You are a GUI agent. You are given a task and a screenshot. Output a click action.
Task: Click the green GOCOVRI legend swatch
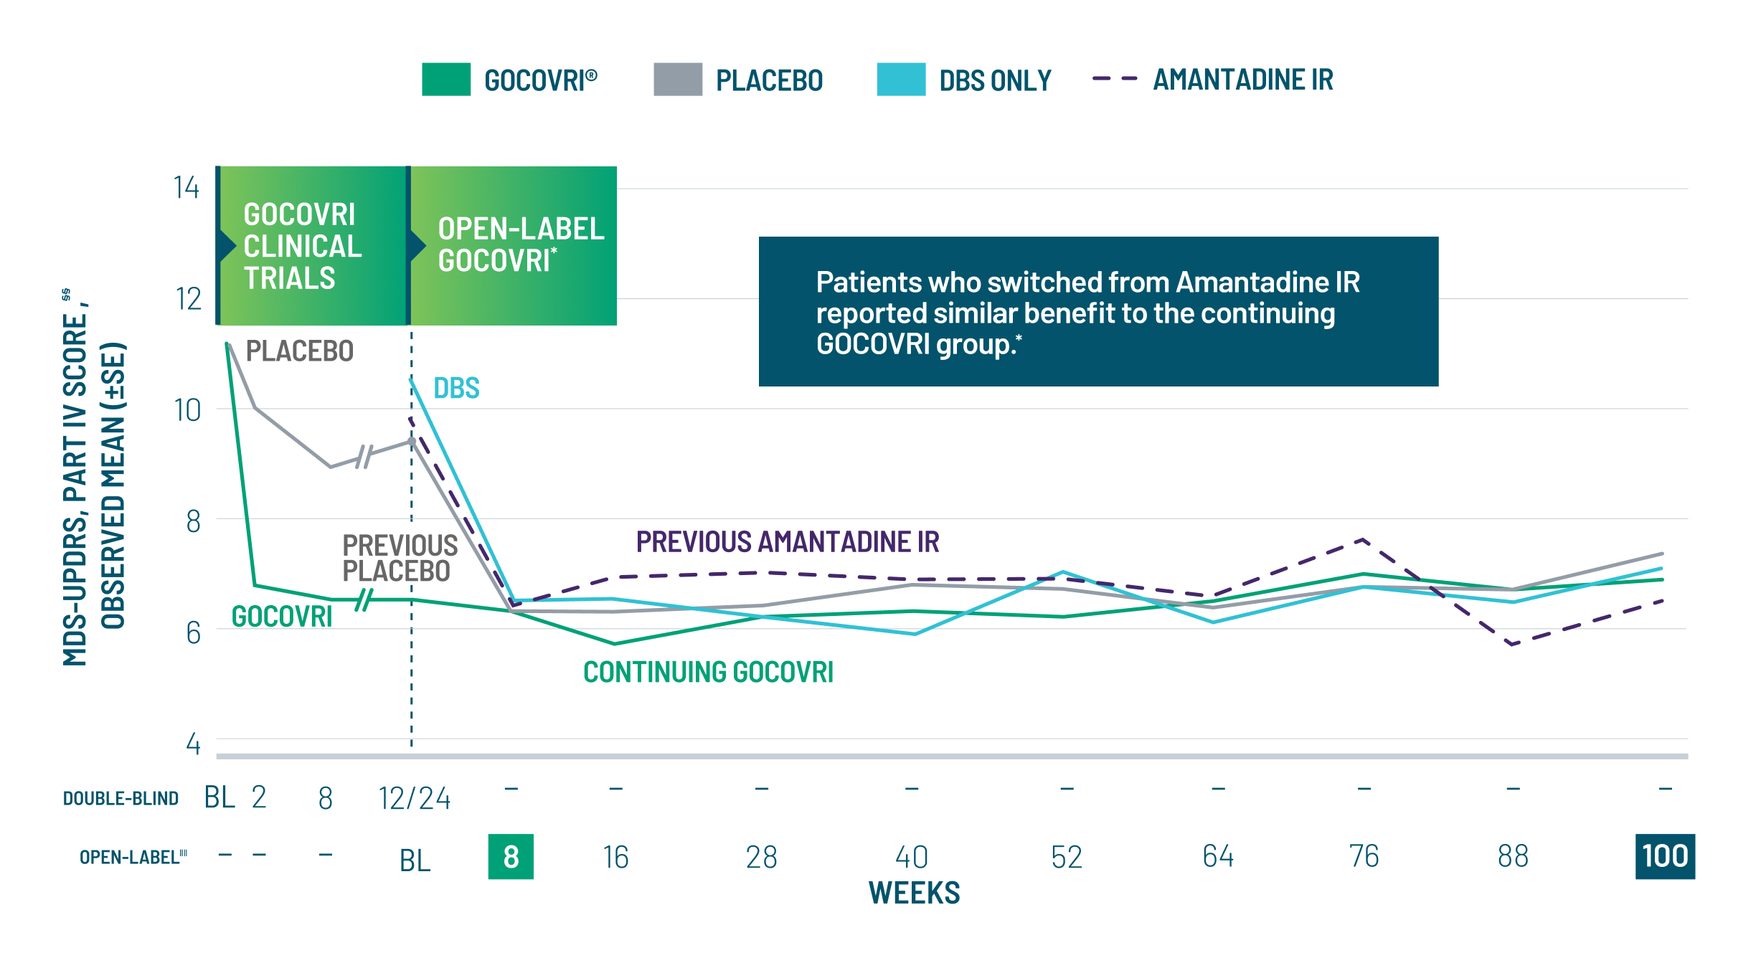pos(445,80)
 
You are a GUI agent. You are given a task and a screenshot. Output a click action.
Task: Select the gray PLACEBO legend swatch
pos(677,80)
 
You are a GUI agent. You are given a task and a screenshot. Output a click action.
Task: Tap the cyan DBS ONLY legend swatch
pos(900,80)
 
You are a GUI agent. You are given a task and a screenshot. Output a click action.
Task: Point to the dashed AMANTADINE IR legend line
pos(1114,79)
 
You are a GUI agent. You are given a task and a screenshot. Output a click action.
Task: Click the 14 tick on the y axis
pos(187,188)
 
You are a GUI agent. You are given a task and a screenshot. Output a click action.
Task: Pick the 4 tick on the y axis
pos(193,744)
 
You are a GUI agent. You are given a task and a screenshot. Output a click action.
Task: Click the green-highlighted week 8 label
pos(511,856)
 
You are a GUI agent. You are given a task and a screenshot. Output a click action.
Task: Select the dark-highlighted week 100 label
pos(1664,856)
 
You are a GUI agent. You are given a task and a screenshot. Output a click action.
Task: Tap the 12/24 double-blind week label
pos(414,798)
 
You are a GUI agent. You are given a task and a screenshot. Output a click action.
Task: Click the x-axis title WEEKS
pos(914,893)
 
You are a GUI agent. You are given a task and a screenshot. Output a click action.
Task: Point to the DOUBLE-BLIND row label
pos(121,799)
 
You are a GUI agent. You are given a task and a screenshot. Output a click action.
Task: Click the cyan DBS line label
pos(456,389)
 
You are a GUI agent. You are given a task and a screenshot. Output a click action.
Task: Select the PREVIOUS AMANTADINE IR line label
pos(787,542)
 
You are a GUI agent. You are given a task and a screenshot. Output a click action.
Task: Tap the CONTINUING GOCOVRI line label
pos(708,673)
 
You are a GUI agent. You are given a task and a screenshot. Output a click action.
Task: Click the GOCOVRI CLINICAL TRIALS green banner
pos(312,246)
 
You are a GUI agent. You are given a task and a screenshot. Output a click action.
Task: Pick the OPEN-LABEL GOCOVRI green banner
pos(514,245)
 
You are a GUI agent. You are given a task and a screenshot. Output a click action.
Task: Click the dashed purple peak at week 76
pos(1362,539)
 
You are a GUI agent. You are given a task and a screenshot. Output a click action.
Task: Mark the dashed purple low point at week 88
pos(1512,644)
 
